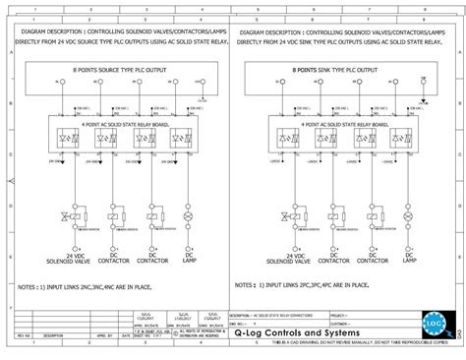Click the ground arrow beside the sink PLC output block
[422, 99]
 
